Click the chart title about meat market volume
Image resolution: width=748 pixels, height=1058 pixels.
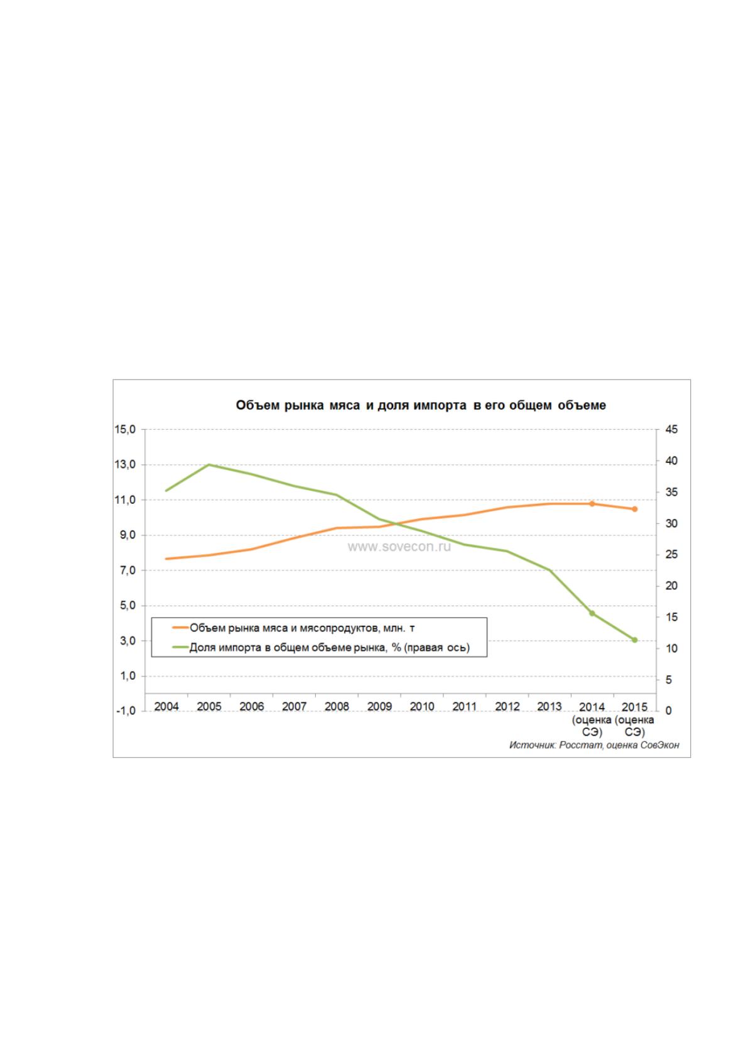pos(420,405)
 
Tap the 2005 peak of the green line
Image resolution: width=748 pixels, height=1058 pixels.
pos(209,465)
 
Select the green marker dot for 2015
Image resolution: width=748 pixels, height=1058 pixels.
pos(634,640)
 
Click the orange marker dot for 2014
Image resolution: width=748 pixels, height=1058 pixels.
pos(592,503)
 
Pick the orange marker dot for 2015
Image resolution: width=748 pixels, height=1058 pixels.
pos(634,509)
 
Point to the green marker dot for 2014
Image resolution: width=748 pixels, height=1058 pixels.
pos(592,614)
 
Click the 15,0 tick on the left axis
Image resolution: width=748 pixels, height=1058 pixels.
pos(125,429)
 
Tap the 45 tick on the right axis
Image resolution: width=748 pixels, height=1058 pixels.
pos(671,429)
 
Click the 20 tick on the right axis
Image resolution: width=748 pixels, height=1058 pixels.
pos(671,586)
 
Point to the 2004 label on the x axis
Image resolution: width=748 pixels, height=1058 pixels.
pos(166,707)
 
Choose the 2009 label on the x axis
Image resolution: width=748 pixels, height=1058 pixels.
pos(379,707)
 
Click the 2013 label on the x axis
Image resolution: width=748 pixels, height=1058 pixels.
pos(549,707)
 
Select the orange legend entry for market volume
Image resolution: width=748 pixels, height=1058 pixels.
pos(294,628)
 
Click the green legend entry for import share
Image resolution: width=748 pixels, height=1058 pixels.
pos(322,647)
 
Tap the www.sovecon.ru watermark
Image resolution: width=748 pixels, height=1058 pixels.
pos(399,547)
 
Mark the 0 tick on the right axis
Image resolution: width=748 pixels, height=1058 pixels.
pos(668,711)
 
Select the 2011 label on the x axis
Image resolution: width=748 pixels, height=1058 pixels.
pos(464,707)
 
